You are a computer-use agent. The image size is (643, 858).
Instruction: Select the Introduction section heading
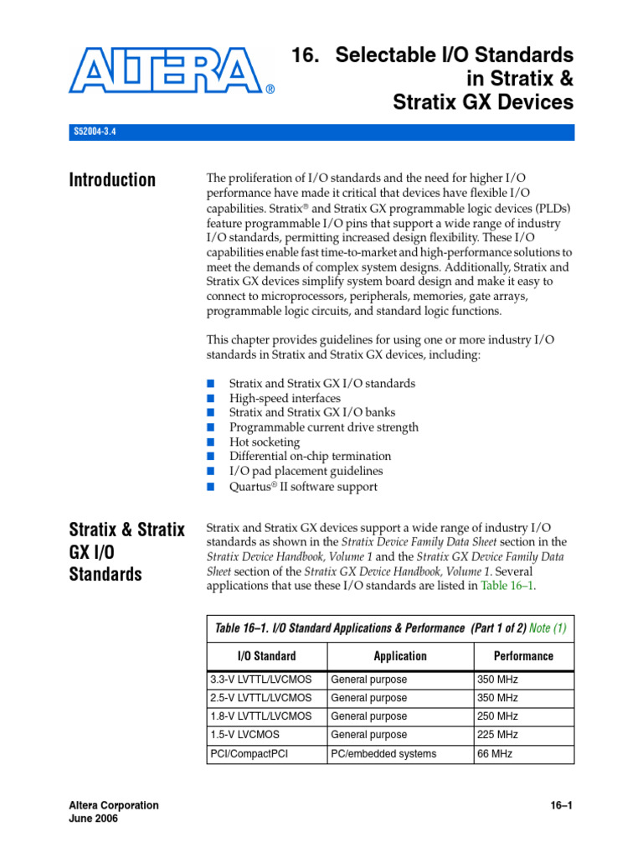[112, 180]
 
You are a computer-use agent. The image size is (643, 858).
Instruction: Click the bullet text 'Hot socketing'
[265, 442]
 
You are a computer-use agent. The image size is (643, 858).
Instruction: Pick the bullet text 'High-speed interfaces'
[285, 398]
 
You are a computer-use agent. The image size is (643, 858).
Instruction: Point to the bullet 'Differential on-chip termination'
[310, 456]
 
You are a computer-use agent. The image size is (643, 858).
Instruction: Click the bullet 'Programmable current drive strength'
[324, 427]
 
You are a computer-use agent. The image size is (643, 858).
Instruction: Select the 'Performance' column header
[523, 656]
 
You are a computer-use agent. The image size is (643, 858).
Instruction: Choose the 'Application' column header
[400, 656]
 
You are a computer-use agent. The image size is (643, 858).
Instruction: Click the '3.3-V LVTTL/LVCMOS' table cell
[260, 680]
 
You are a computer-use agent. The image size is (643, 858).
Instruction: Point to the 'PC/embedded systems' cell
[383, 753]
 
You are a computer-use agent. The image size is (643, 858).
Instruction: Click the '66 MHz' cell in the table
[495, 753]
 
